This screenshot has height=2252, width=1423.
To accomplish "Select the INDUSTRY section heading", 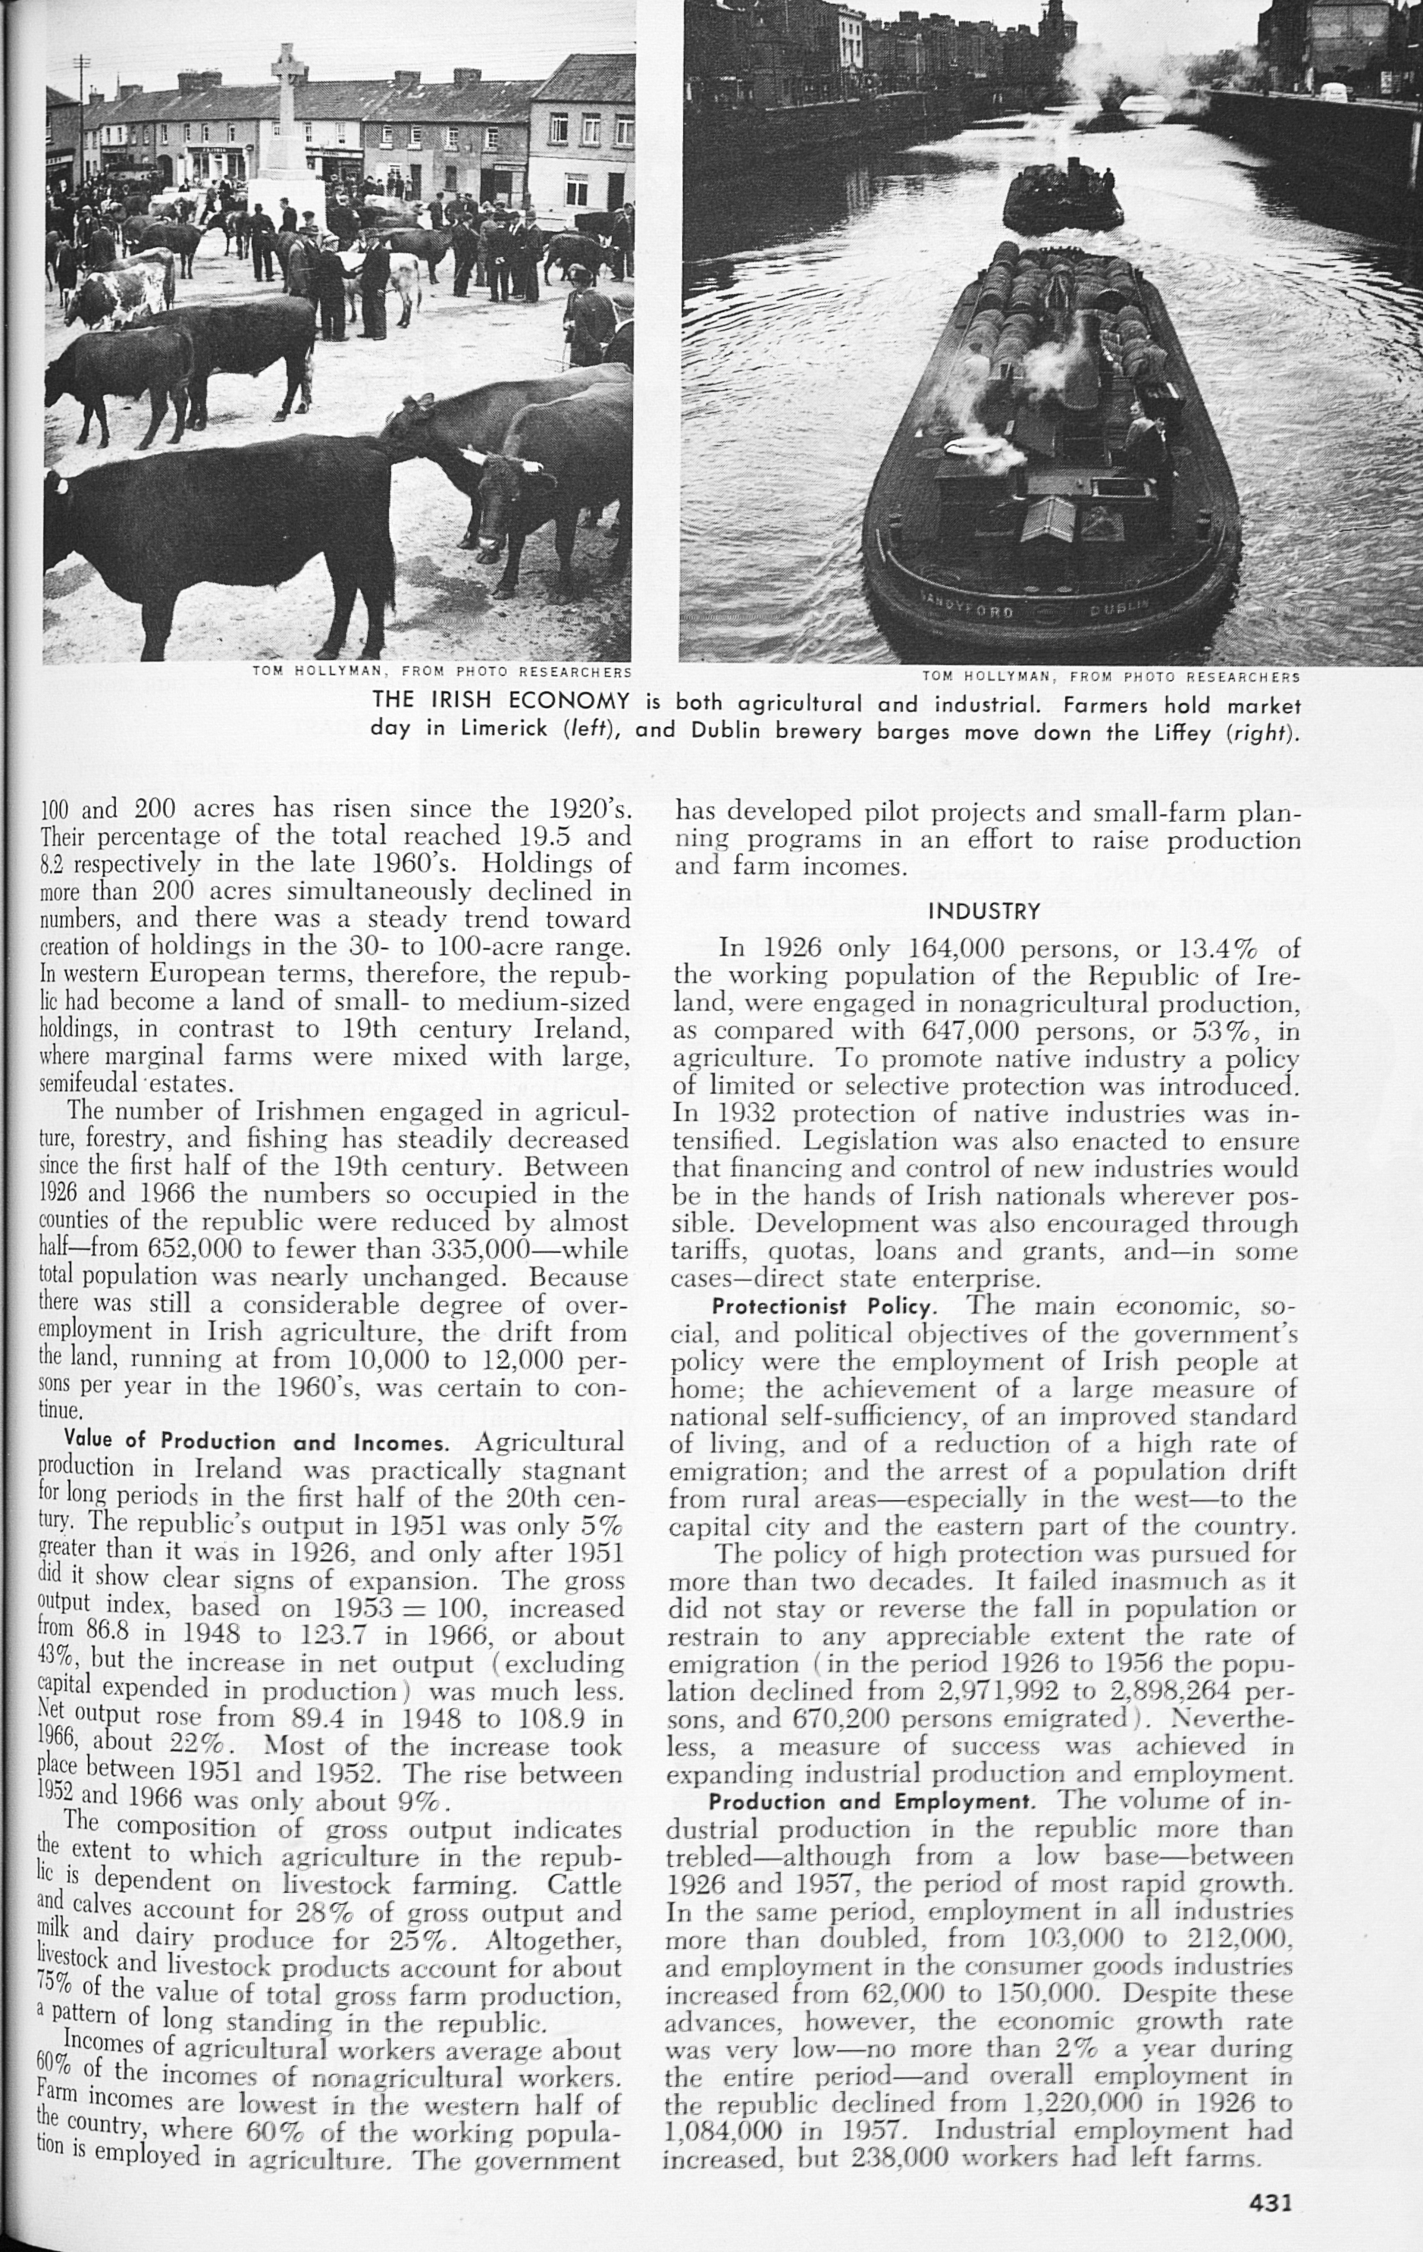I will pos(983,911).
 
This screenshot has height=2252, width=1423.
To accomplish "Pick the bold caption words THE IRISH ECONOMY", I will pos(500,701).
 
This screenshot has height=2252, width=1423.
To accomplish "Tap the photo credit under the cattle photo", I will pos(441,672).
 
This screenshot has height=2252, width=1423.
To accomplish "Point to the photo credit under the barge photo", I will pos(1111,676).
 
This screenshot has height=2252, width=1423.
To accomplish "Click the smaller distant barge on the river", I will pos(1063,197).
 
